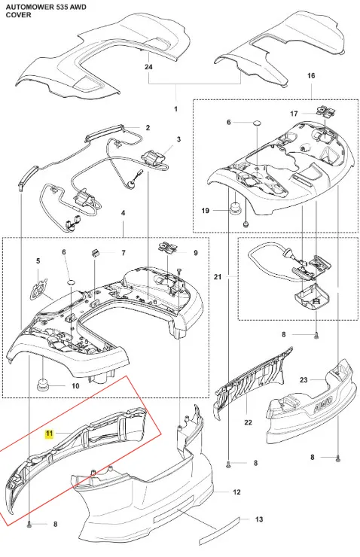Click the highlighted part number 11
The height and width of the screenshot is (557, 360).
pyautogui.click(x=49, y=434)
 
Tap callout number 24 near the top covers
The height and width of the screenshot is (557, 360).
pyautogui.click(x=148, y=67)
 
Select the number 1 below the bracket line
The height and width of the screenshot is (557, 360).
pyautogui.click(x=175, y=109)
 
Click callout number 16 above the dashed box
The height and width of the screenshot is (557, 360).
pyautogui.click(x=311, y=76)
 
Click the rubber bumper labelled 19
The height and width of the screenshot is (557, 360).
pyautogui.click(x=234, y=208)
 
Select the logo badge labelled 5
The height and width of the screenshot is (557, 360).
pyautogui.click(x=38, y=285)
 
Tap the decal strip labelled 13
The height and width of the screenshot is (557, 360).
pyautogui.click(x=220, y=528)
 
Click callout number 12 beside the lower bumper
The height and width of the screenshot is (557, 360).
pyautogui.click(x=236, y=492)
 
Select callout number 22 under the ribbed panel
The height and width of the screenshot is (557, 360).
pyautogui.click(x=248, y=422)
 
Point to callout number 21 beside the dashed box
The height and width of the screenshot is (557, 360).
pyautogui.click(x=218, y=277)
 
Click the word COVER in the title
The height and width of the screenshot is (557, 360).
pyautogui.click(x=19, y=15)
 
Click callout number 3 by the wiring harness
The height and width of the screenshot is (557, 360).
pyautogui.click(x=178, y=139)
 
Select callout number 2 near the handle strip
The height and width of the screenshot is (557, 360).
pyautogui.click(x=148, y=128)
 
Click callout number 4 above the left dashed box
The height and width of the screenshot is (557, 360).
pyautogui.click(x=123, y=213)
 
